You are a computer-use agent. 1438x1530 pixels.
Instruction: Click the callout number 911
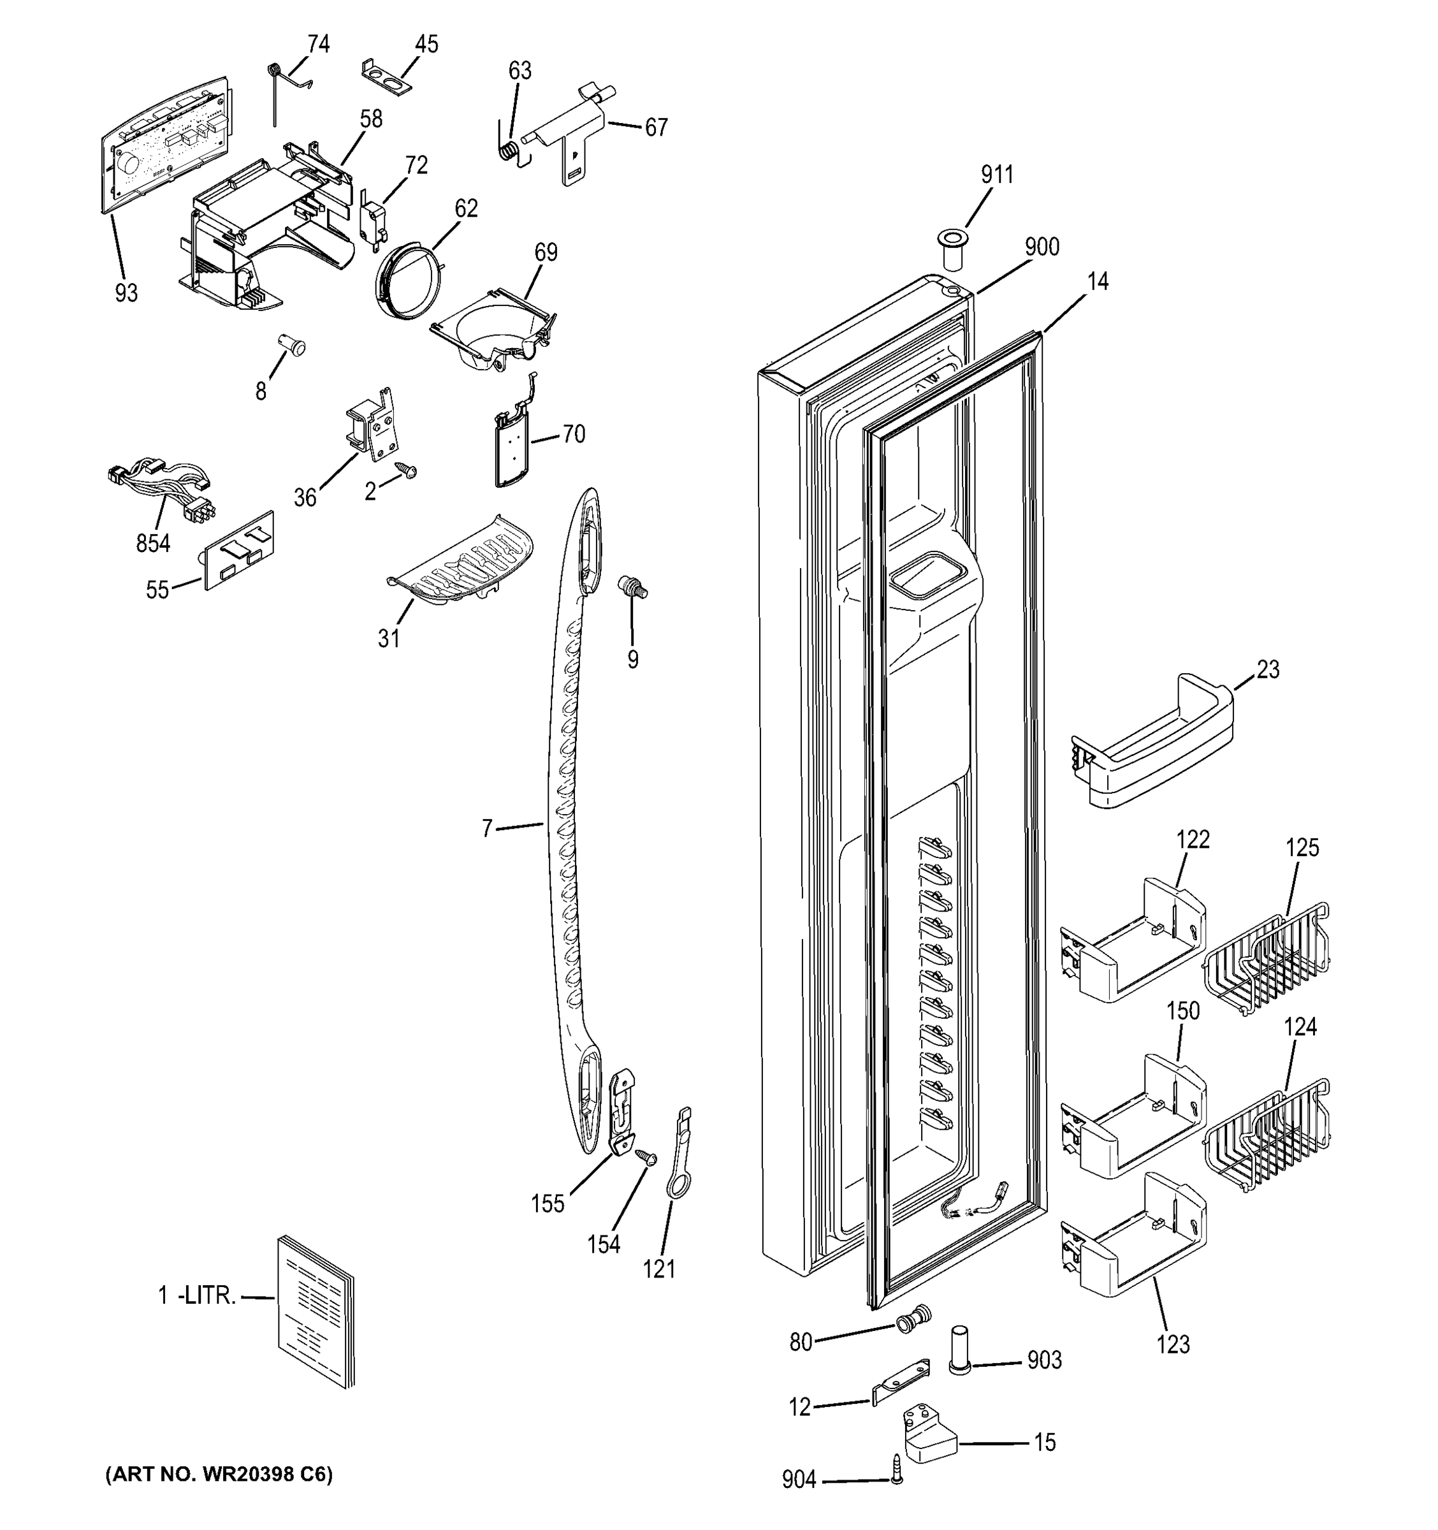[x=996, y=175]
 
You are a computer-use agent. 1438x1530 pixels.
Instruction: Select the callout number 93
[x=126, y=293]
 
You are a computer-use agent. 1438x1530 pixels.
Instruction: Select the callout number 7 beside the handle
[x=487, y=829]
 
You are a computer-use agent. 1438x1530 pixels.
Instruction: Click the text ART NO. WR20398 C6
[x=219, y=1474]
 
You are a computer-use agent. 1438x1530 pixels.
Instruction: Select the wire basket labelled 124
[x=1267, y=1136]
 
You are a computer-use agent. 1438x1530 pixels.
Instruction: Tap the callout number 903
[x=1044, y=1360]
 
